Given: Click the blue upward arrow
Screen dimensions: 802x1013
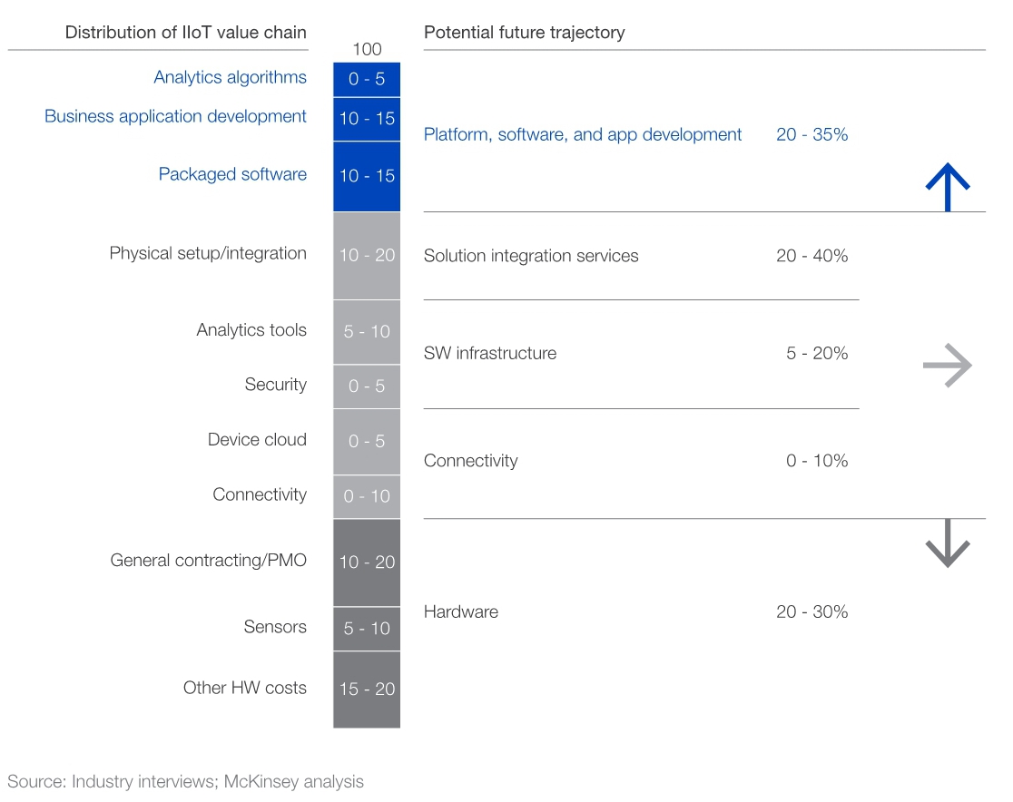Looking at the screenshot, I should point(948,186).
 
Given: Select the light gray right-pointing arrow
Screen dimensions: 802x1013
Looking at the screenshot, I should point(947,366).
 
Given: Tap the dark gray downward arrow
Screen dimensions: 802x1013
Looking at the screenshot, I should point(948,543).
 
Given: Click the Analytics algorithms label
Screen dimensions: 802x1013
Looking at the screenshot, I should point(230,77).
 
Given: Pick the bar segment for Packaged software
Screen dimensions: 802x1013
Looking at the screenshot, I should point(367,176).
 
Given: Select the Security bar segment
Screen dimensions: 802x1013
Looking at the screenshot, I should point(367,386).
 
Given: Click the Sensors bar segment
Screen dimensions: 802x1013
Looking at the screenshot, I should point(367,628).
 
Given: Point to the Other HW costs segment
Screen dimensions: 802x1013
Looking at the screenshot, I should point(367,690).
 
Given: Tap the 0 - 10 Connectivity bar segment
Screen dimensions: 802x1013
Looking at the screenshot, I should point(367,496).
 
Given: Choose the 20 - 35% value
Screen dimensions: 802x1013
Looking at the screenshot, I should point(811,134).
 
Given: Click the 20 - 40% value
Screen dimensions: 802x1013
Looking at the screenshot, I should point(811,256).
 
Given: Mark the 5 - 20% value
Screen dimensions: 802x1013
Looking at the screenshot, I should point(817,353).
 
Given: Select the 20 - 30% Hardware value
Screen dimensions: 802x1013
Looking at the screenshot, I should point(811,611).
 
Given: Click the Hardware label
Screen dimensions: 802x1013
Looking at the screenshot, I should point(461,611).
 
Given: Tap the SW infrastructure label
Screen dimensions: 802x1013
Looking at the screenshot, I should point(490,353).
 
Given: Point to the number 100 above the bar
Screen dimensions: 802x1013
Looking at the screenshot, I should point(367,49).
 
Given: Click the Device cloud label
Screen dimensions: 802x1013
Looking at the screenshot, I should point(257,439).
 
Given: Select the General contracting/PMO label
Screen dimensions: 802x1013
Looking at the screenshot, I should point(208,560).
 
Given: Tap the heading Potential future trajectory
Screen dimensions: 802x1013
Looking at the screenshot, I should point(525,33).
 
